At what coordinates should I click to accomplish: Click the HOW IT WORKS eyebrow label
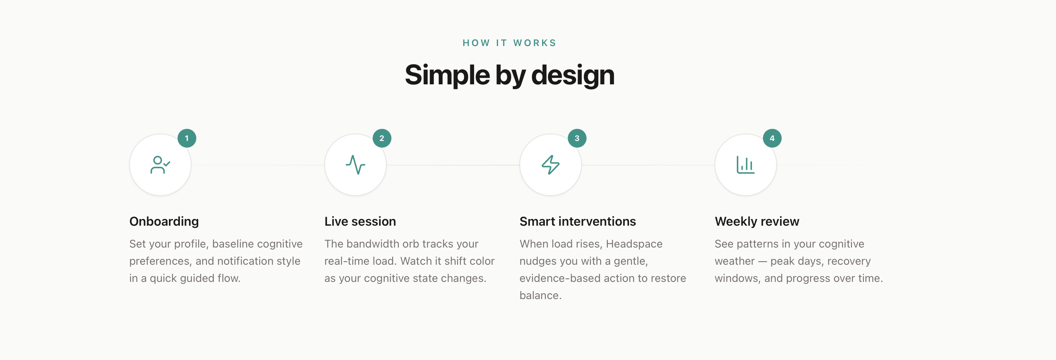(509, 43)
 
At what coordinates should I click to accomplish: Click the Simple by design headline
(510, 75)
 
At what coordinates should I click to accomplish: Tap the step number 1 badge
(187, 138)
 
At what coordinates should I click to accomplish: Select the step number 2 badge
(382, 138)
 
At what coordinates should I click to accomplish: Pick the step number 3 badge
(577, 138)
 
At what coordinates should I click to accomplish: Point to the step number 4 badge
(772, 138)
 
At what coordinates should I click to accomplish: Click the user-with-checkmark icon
(160, 165)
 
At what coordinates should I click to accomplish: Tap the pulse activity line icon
(356, 165)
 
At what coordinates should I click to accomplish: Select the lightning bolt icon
(551, 165)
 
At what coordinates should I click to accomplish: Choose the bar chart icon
(746, 165)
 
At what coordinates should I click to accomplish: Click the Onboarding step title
(164, 221)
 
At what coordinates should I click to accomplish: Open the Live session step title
(360, 221)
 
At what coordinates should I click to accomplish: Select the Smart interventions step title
(578, 221)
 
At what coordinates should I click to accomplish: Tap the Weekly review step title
(757, 221)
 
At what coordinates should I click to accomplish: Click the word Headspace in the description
(634, 244)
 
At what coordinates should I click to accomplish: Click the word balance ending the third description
(540, 295)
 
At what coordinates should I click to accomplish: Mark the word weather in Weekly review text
(734, 261)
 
